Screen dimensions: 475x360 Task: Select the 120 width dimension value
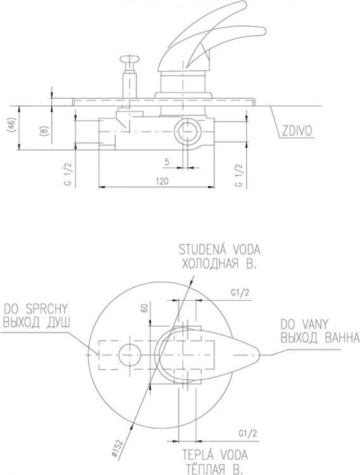[163, 181]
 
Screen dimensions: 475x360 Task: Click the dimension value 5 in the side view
[167, 161]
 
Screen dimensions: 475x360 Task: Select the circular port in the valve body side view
[188, 132]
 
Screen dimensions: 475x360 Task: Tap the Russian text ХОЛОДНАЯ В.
[218, 265]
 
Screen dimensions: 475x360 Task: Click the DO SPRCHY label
[37, 309]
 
